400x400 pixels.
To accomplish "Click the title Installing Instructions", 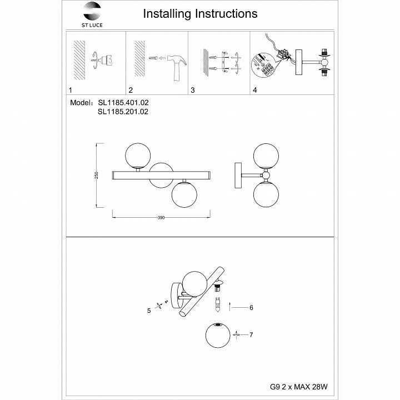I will click(200, 13).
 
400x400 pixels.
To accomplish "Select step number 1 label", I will click(70, 89).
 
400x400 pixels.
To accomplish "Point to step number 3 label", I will click(192, 89).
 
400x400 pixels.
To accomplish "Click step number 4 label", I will click(254, 89).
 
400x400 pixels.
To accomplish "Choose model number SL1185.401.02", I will click(123, 103).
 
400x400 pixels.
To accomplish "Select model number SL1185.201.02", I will click(123, 111).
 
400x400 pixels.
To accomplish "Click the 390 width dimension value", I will click(161, 217).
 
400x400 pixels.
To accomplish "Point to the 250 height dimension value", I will click(97, 174).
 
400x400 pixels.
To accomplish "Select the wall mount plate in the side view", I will click(237, 176).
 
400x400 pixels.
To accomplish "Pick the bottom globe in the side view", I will click(265, 195).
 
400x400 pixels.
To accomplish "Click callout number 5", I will click(149, 311).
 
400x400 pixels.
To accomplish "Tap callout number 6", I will click(251, 307).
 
